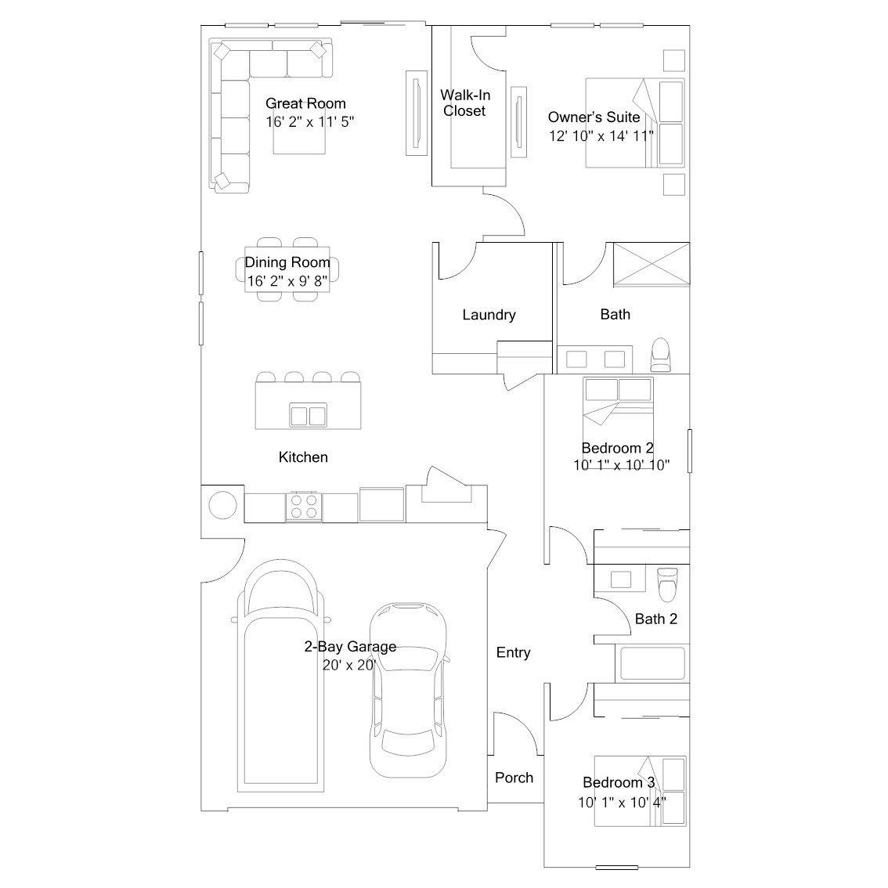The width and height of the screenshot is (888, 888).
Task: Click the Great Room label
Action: click(x=305, y=103)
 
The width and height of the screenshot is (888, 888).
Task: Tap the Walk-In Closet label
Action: click(x=465, y=103)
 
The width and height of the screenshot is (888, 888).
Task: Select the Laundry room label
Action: click(x=489, y=315)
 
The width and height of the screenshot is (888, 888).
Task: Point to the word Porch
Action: click(x=514, y=778)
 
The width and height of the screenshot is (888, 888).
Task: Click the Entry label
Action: click(x=513, y=652)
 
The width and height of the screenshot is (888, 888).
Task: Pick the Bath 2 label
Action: click(x=655, y=619)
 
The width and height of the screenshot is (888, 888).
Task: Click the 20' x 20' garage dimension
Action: click(x=349, y=665)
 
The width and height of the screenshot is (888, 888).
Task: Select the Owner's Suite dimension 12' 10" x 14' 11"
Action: click(x=601, y=136)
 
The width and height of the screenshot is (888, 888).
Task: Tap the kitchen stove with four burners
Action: click(x=304, y=507)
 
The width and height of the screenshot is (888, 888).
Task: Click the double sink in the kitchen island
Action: click(x=308, y=415)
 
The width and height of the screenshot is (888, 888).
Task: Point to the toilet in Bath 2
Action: click(x=668, y=584)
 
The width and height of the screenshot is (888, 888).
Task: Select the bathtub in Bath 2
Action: click(x=652, y=663)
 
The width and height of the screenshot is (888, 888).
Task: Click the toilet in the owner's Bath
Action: click(x=661, y=355)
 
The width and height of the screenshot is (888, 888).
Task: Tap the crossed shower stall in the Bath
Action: click(x=652, y=264)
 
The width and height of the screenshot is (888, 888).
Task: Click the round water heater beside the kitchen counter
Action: click(x=222, y=504)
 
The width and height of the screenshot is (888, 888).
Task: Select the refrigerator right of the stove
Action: click(x=381, y=504)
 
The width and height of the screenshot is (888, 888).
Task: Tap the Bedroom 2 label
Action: click(x=617, y=448)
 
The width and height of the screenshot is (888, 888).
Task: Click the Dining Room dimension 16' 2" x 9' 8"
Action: click(x=287, y=281)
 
